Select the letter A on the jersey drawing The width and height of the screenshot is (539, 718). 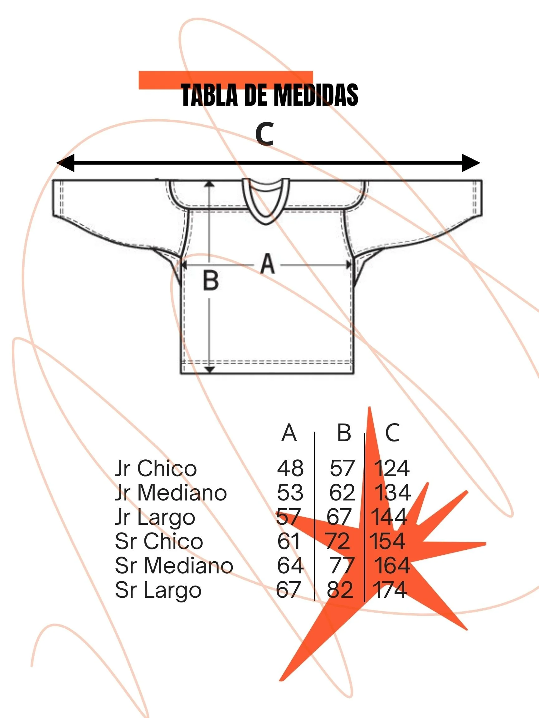267,264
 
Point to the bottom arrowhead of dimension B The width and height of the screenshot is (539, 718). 210,369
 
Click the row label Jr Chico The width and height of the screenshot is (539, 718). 156,468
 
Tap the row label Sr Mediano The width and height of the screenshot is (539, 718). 174,565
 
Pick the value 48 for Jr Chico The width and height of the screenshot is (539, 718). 290,468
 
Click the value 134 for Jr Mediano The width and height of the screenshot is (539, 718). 392,492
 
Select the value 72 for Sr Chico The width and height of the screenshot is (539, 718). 338,541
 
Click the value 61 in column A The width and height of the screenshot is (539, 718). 289,541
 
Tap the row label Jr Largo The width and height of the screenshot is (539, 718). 155,517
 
